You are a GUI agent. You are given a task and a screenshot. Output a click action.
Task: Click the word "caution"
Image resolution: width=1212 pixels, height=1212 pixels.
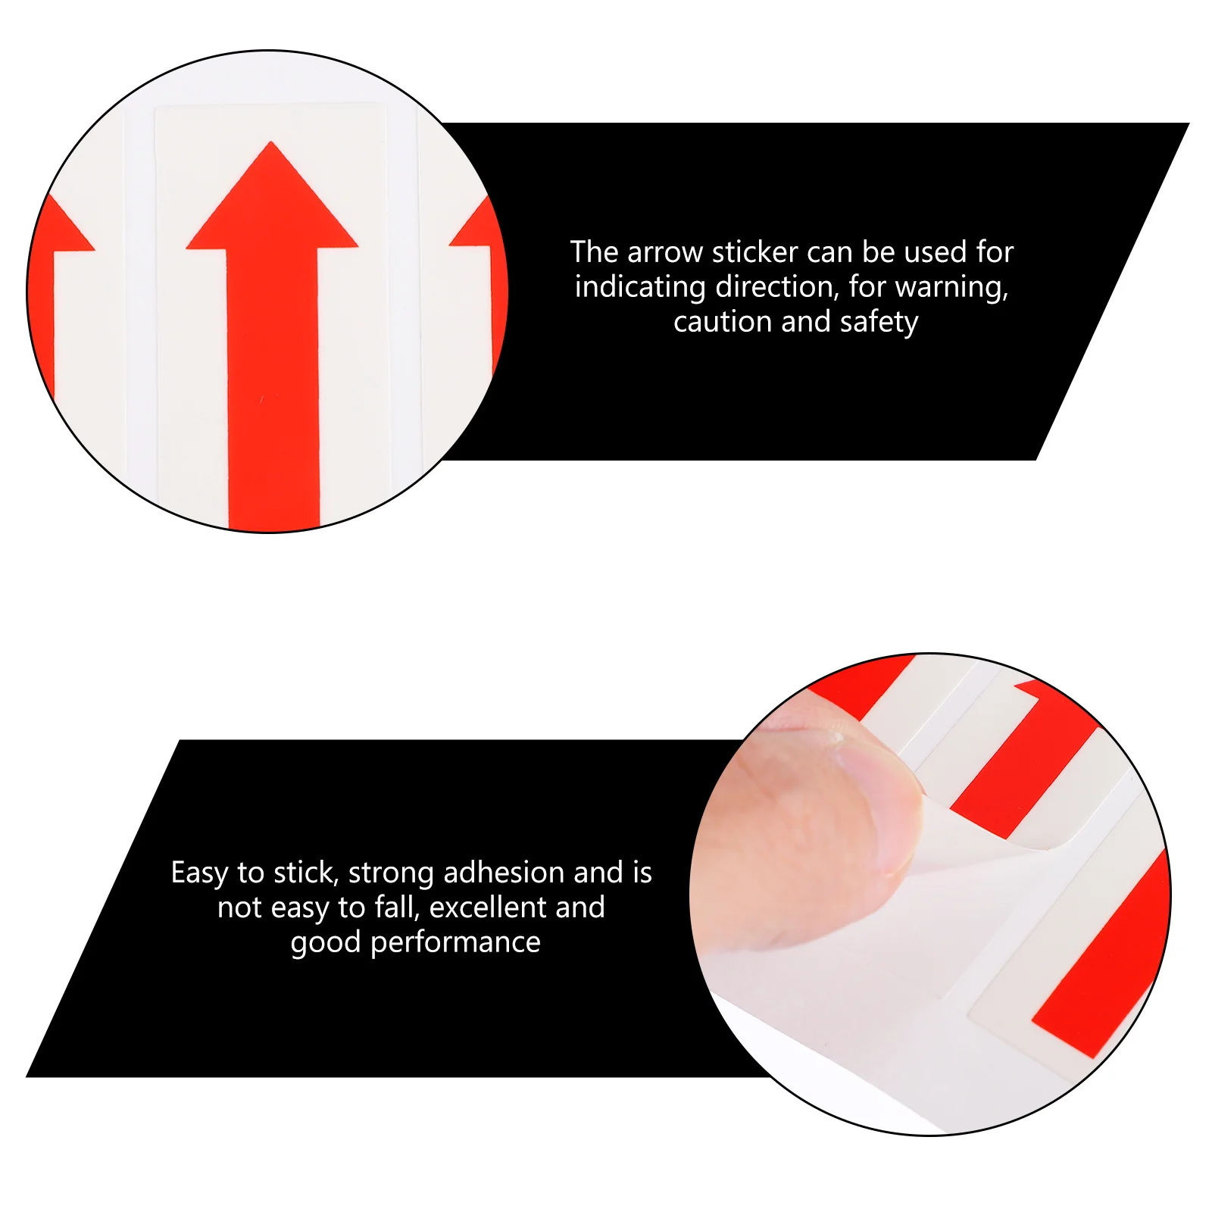[723, 322]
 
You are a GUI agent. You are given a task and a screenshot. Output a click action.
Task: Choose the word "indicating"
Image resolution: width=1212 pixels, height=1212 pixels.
[640, 287]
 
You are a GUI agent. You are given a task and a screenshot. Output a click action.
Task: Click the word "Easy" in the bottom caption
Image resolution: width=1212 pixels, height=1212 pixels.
[199, 873]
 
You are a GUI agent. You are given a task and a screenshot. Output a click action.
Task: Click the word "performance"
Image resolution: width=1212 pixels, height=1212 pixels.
[455, 943]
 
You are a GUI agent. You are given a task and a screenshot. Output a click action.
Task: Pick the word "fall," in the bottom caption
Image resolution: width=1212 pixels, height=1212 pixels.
[397, 907]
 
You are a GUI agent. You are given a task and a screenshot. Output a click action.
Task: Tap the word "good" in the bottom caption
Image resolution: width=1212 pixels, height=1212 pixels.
[326, 943]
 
